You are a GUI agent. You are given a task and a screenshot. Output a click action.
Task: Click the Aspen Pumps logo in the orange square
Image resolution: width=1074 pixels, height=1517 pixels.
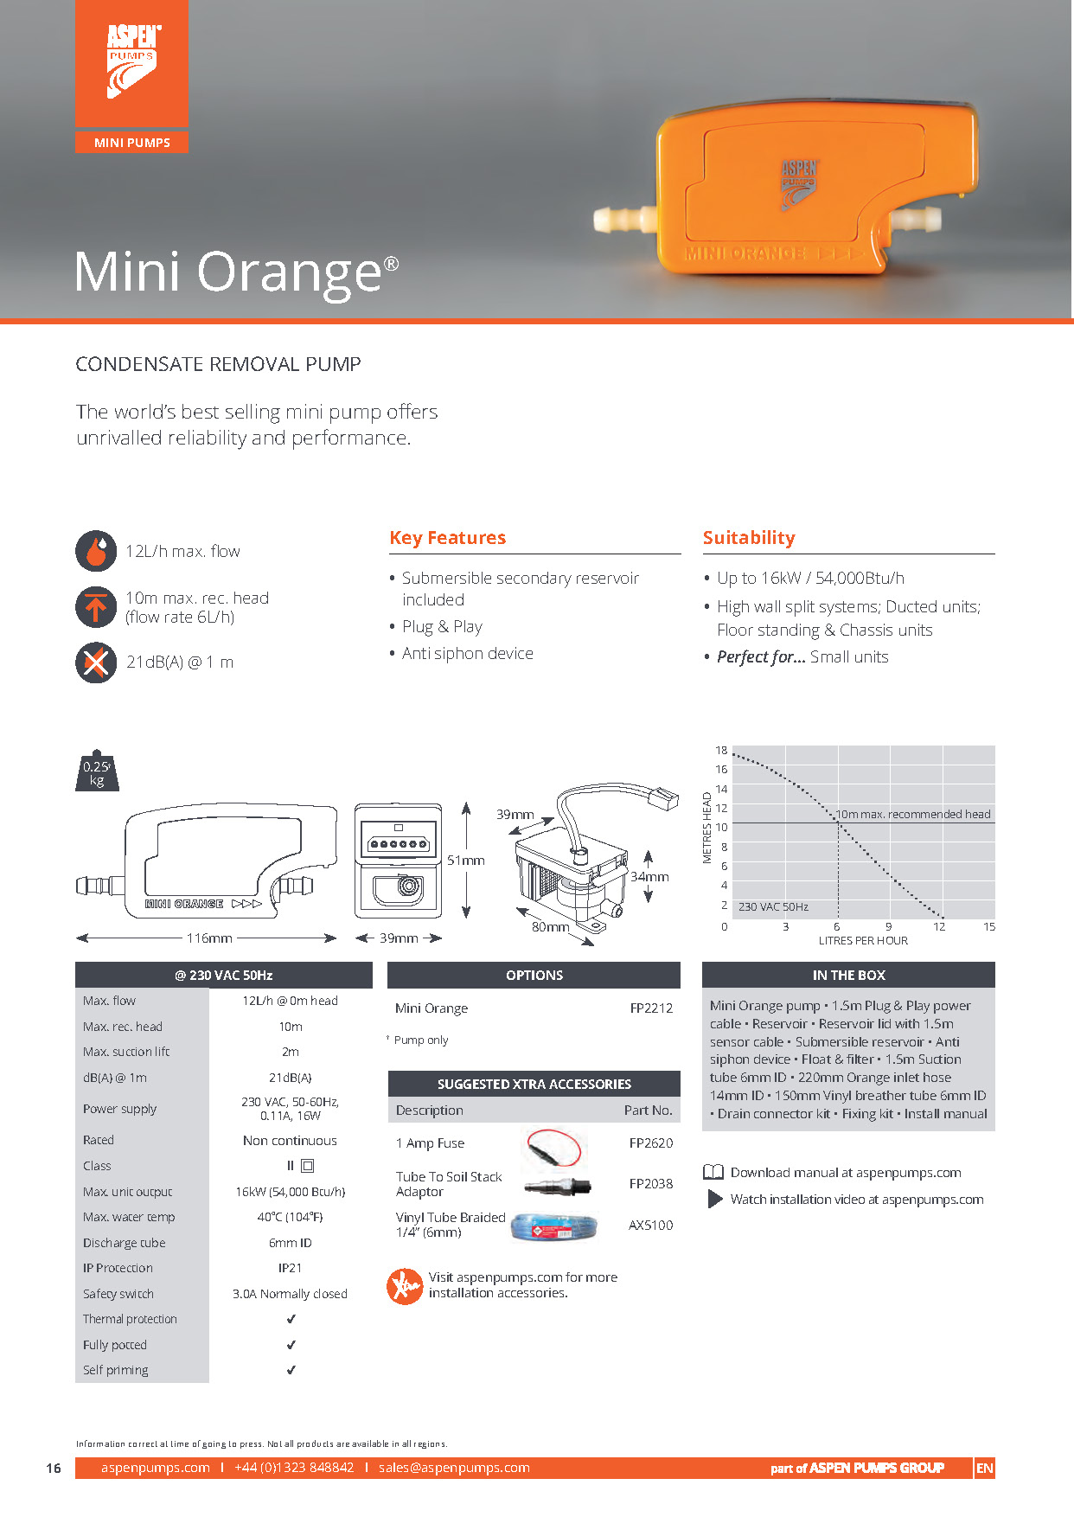click(x=132, y=61)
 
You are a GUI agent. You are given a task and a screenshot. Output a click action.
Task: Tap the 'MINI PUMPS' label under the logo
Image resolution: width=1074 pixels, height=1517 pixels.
click(x=132, y=143)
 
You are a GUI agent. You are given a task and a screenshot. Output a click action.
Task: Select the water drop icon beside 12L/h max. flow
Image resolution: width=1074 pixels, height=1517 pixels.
click(x=96, y=551)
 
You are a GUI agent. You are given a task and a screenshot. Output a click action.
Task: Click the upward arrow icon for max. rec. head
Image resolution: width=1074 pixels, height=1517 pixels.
click(x=96, y=607)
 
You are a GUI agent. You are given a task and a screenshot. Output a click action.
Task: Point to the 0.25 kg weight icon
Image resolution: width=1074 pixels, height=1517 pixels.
click(x=97, y=771)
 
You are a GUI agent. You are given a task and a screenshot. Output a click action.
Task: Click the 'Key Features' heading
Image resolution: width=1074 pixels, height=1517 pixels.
click(x=447, y=538)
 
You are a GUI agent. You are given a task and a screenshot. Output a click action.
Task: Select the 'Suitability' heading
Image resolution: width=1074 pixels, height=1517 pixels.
click(x=749, y=538)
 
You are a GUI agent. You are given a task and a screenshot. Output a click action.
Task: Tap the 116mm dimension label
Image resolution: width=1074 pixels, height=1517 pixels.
click(x=209, y=938)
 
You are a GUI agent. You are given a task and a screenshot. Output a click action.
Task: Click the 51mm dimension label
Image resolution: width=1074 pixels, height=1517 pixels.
click(x=466, y=861)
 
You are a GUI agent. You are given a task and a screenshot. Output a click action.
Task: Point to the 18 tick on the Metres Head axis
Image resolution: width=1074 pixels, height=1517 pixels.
click(x=721, y=751)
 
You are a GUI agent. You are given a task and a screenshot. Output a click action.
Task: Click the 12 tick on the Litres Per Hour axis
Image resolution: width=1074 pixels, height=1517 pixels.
click(x=939, y=927)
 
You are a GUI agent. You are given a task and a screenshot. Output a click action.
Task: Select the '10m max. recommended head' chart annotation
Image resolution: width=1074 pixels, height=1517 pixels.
click(x=913, y=815)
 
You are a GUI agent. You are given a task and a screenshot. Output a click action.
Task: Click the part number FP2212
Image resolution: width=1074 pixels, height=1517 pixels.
click(x=651, y=1008)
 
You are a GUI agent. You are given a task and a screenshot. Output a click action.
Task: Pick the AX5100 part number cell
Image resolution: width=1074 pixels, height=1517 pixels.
click(x=650, y=1226)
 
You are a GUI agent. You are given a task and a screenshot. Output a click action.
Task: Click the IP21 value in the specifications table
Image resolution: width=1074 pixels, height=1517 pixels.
click(x=291, y=1268)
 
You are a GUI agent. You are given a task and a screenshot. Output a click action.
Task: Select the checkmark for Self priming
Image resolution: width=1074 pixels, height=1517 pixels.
click(x=291, y=1370)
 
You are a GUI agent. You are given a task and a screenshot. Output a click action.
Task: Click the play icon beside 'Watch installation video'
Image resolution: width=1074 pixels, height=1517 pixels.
click(x=715, y=1200)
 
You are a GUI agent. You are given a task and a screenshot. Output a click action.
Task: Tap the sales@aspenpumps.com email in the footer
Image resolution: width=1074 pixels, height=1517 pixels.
click(x=454, y=1468)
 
